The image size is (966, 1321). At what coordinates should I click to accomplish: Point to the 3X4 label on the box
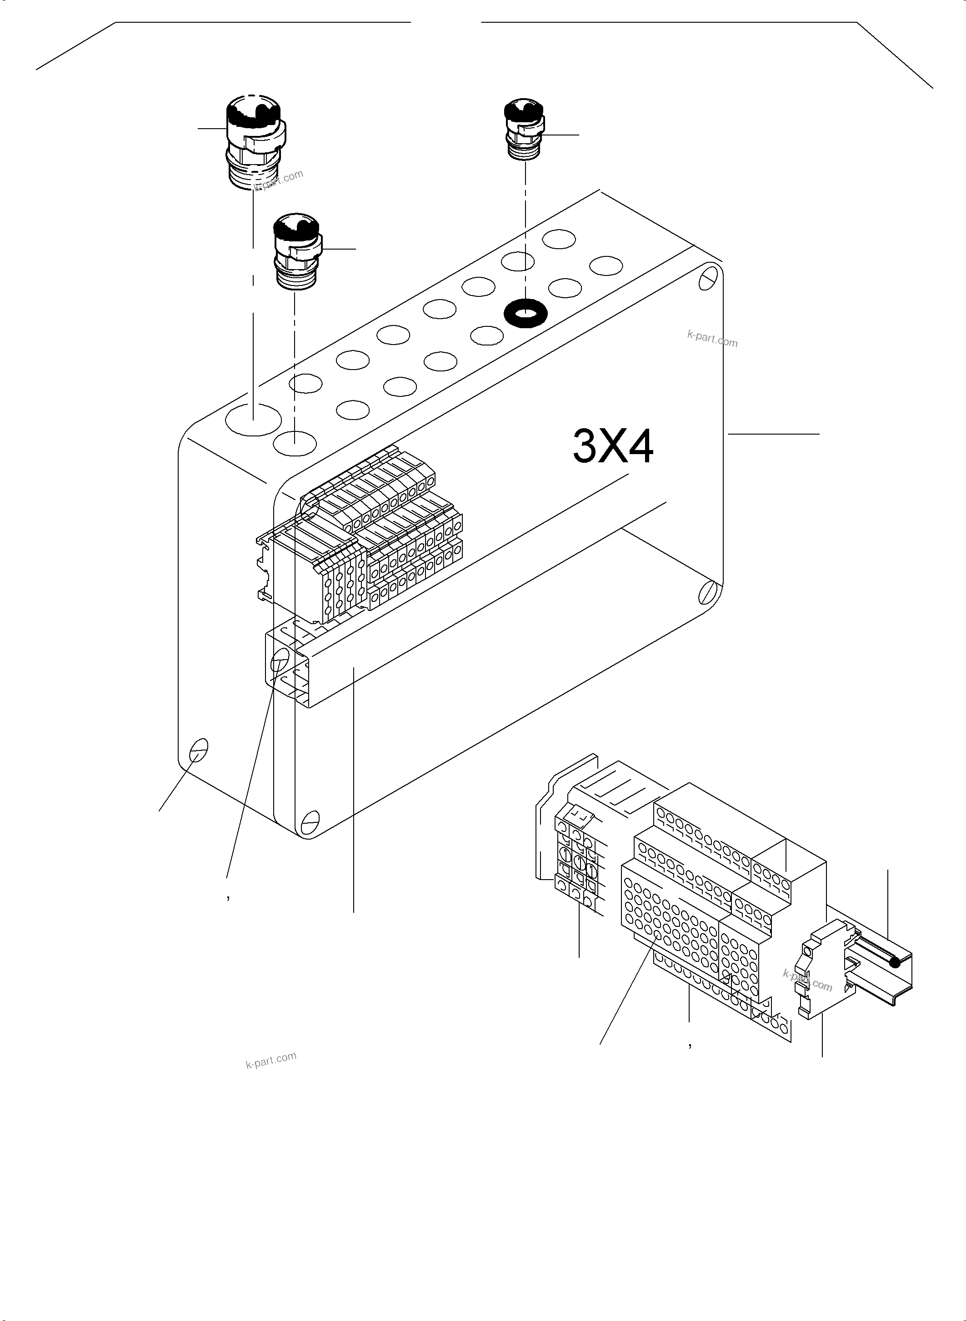[612, 446]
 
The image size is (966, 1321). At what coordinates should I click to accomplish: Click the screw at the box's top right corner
[708, 277]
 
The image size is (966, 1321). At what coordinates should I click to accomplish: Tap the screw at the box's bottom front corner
[310, 821]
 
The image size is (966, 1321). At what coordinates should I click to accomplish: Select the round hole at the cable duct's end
[280, 660]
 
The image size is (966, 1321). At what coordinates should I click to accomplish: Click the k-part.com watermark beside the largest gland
[279, 180]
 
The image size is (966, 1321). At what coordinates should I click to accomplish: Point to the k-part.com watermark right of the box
[712, 339]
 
